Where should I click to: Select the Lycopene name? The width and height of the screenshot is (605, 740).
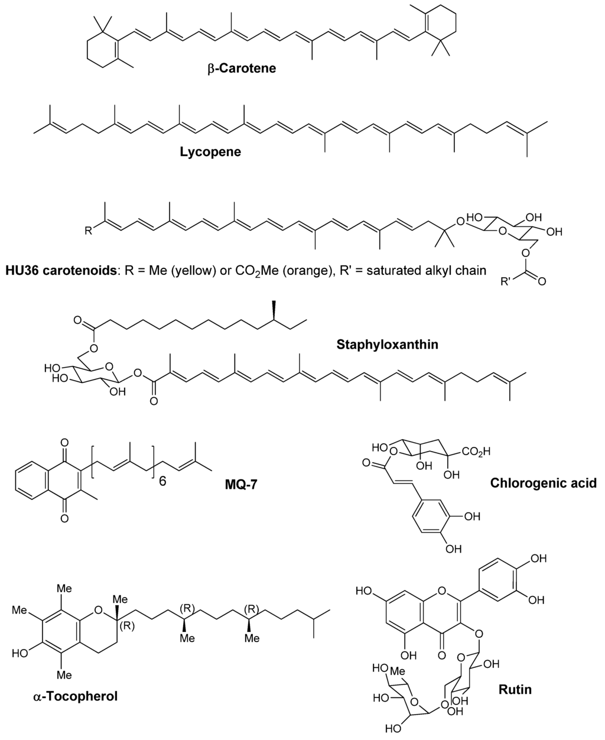point(210,152)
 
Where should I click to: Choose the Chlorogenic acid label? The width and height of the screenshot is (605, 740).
point(544,483)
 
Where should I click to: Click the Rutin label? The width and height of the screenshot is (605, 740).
point(515,689)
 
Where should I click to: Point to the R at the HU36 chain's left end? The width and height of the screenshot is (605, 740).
point(88,231)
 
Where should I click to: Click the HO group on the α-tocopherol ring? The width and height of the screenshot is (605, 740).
point(18,653)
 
